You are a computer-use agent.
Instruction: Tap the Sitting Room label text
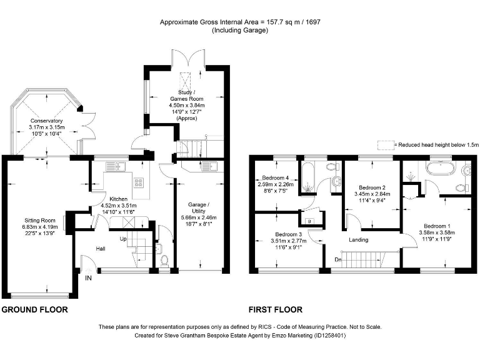[x=40, y=220]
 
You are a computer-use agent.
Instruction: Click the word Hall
[x=101, y=248]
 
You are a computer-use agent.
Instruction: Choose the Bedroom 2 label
[x=372, y=187]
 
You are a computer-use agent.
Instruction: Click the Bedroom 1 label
[x=437, y=226]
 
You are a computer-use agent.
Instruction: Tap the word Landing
[x=359, y=239]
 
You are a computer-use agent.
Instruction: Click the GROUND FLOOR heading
[x=34, y=309]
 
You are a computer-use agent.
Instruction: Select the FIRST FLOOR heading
[x=276, y=309]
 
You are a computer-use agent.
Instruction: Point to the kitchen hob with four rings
[x=137, y=182]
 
